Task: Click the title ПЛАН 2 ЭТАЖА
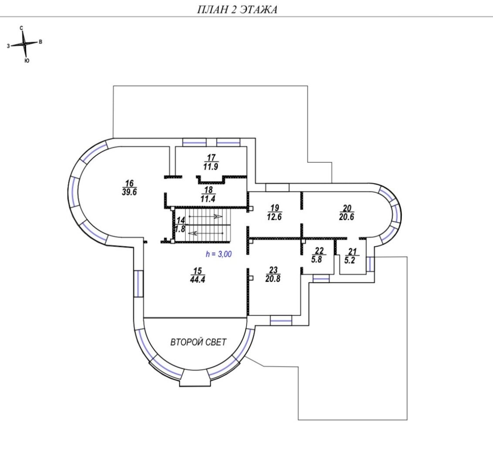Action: click(x=237, y=10)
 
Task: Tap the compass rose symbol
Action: click(x=24, y=44)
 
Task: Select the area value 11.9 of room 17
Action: click(x=211, y=166)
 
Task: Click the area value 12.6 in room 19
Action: click(x=275, y=217)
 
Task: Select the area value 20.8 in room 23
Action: click(x=273, y=279)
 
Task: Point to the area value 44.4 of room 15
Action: click(x=197, y=279)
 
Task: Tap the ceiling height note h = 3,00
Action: click(x=219, y=254)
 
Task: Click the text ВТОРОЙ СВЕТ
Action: click(x=198, y=342)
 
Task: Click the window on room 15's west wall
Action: click(x=139, y=284)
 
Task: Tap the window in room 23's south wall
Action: click(x=281, y=321)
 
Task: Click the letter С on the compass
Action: click(x=21, y=28)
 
